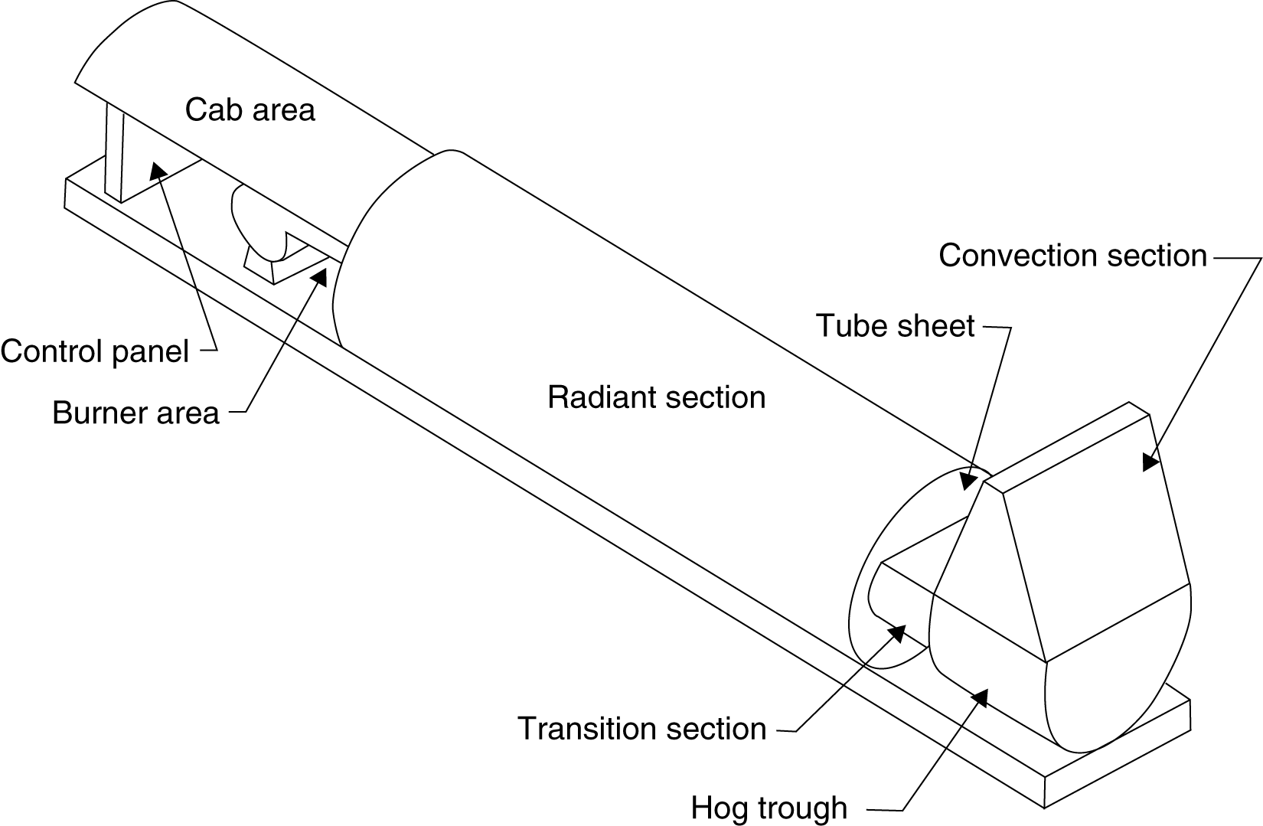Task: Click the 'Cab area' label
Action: click(250, 109)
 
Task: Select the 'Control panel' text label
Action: click(95, 351)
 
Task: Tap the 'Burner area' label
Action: click(136, 413)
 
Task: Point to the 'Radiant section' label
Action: click(656, 397)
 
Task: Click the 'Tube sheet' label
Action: click(896, 325)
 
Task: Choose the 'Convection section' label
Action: click(1073, 255)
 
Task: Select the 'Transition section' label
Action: click(642, 728)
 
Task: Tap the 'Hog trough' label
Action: click(769, 808)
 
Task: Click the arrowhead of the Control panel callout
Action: click(157, 171)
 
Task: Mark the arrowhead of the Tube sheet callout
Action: click(968, 481)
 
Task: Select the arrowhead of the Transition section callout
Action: click(897, 633)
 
